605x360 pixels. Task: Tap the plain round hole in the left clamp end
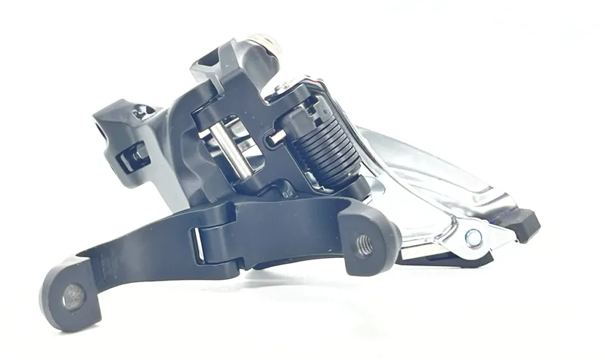(x=73, y=296)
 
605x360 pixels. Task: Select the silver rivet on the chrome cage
(x=473, y=238)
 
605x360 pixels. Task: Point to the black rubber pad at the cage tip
(x=524, y=222)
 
